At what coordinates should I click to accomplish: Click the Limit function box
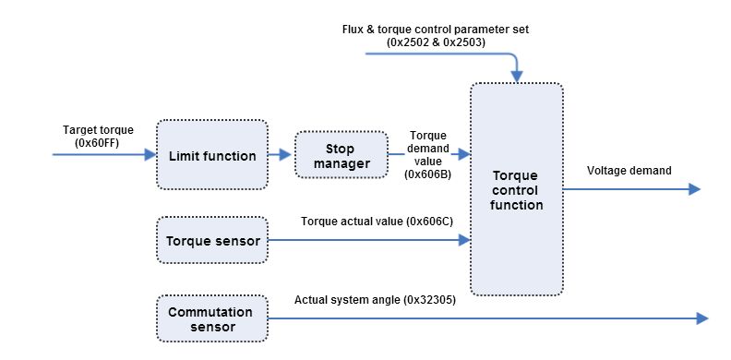click(x=212, y=155)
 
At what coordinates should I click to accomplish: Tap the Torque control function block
click(x=517, y=189)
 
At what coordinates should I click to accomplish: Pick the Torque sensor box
click(x=212, y=241)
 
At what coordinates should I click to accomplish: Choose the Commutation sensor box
click(x=212, y=319)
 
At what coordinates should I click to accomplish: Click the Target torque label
click(x=99, y=129)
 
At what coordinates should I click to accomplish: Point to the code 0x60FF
click(x=99, y=142)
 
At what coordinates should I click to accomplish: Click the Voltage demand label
click(x=629, y=170)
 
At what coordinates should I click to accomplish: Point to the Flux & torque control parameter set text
click(x=435, y=29)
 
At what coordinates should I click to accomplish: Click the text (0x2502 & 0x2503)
click(x=435, y=42)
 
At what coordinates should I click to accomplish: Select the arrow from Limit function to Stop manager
click(x=280, y=155)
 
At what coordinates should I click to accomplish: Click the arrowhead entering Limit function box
click(x=150, y=155)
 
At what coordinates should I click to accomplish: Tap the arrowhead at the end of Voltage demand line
click(x=694, y=189)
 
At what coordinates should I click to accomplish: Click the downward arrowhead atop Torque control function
click(x=517, y=77)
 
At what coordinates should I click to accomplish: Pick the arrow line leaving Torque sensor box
click(x=369, y=241)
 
